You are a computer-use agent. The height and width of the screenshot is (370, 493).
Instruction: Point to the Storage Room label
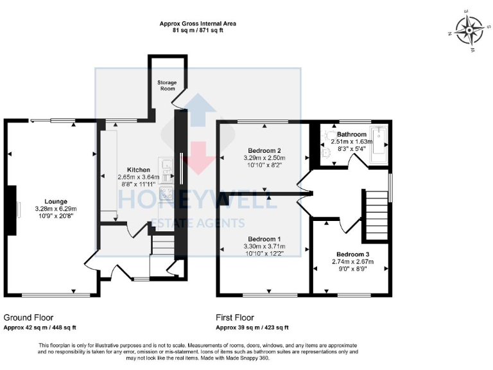(x=166, y=85)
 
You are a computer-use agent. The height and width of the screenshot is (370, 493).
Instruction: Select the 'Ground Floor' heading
(x=29, y=317)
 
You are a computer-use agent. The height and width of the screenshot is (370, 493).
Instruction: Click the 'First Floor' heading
(x=236, y=317)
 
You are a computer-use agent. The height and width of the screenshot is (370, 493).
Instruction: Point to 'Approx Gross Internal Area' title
(x=198, y=24)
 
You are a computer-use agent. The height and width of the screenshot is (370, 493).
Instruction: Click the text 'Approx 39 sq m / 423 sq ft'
(x=254, y=328)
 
